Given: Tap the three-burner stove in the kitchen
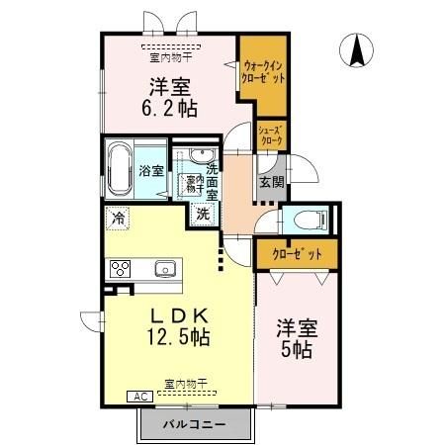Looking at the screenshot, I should coord(122,269).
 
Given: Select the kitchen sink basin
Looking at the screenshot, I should coord(163,269).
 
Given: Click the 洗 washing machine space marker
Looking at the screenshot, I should coord(203,214).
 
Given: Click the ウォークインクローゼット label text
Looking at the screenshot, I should coord(264,71).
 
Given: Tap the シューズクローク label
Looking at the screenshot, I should coord(272,134).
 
